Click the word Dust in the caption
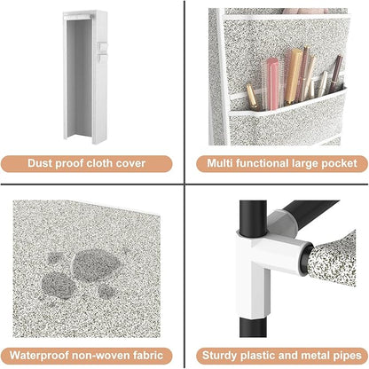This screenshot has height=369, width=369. [40, 163]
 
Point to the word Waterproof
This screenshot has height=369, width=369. [39, 355]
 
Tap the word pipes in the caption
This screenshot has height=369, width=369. [348, 356]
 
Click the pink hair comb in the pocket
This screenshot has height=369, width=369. [272, 84]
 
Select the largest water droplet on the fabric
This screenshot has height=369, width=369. [97, 264]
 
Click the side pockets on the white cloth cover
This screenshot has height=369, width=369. [102, 52]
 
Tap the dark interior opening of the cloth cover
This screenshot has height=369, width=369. [79, 77]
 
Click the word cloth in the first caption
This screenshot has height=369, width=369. [100, 163]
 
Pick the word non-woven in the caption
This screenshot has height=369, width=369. [101, 356]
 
